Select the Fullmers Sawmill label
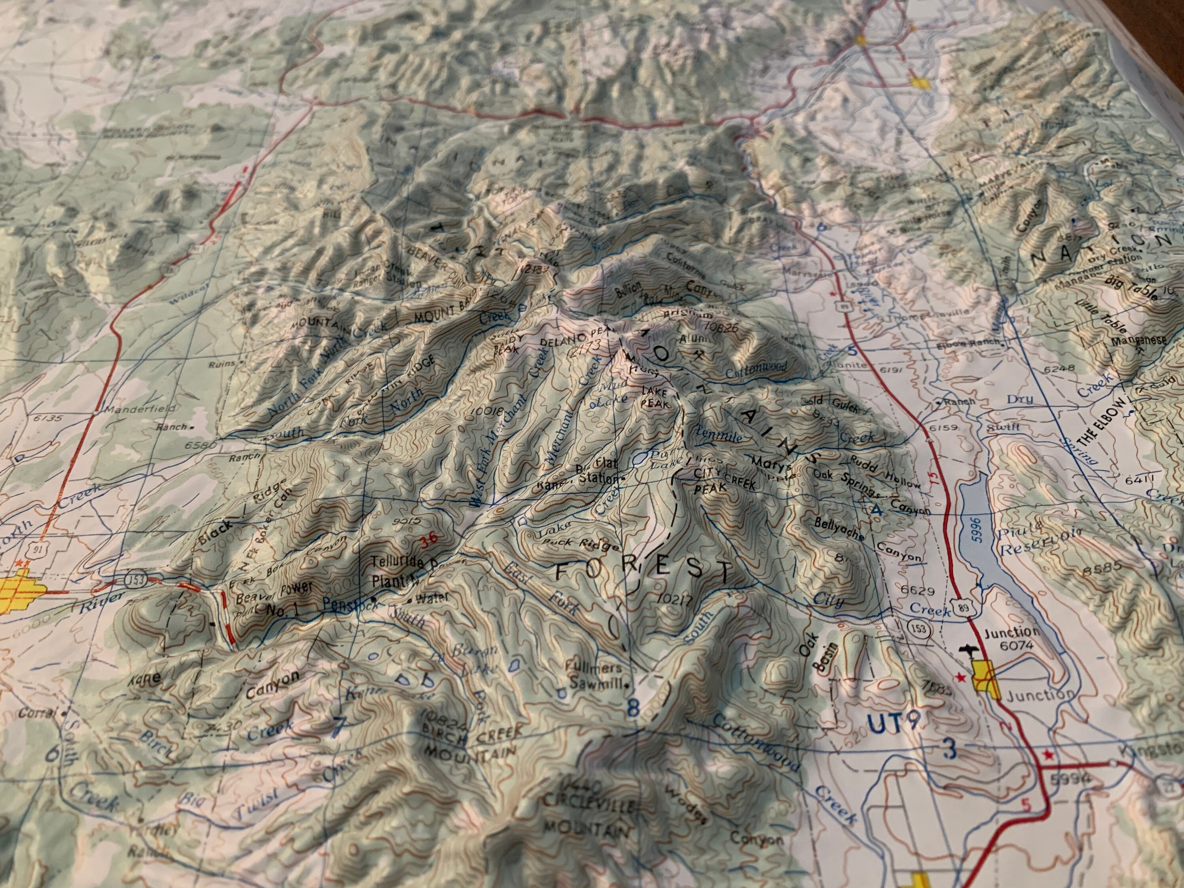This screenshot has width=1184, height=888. pos(596,675)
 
